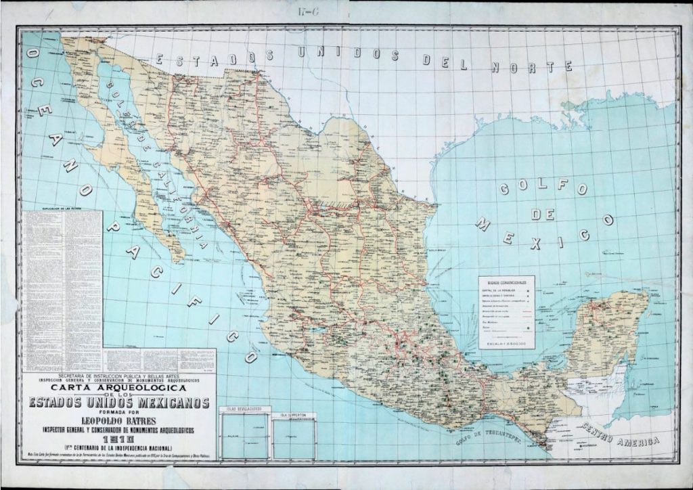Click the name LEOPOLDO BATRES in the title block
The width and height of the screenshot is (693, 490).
point(119,420)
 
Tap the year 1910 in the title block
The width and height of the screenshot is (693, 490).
point(118,439)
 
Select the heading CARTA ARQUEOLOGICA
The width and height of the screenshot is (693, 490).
point(119,388)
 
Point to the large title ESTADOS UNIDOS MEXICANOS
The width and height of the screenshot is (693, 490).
point(119,404)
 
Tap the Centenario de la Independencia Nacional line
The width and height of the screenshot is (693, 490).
point(118,449)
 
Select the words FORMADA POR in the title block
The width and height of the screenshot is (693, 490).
point(119,412)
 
